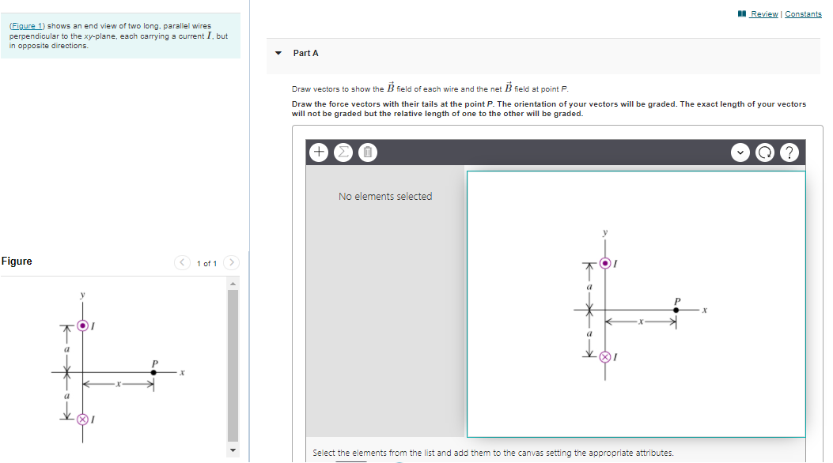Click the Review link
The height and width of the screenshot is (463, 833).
(763, 14)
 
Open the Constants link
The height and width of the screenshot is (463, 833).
(803, 14)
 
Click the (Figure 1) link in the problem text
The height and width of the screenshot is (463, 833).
(27, 26)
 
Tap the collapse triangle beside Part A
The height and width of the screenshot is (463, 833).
(278, 53)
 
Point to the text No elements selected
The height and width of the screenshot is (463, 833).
(385, 197)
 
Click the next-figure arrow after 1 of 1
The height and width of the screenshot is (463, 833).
(231, 262)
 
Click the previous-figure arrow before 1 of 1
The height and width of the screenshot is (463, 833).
(182, 262)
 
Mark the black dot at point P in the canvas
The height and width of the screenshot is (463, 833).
(676, 311)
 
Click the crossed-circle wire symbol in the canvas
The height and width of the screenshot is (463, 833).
(606, 357)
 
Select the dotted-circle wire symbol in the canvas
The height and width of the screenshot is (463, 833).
(606, 263)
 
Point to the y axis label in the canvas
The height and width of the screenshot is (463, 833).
(606, 232)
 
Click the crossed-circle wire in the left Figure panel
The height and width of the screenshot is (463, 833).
(82, 419)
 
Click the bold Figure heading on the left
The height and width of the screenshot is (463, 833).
(17, 262)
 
